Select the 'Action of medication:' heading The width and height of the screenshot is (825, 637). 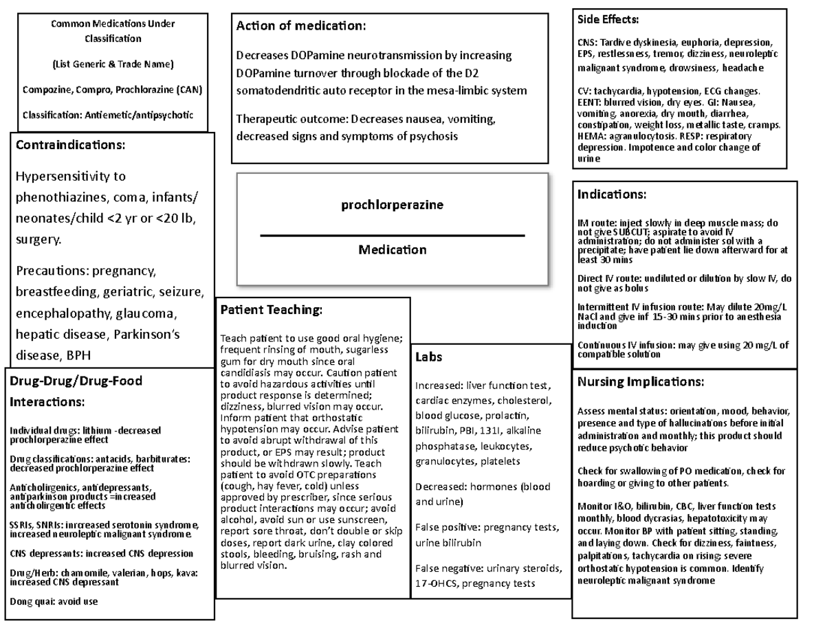(x=301, y=26)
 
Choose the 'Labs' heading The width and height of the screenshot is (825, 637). (x=428, y=357)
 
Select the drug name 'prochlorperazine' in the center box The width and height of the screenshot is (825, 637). (x=392, y=205)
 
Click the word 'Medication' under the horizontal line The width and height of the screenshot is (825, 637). (x=392, y=249)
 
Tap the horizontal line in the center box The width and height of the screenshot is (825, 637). (x=392, y=236)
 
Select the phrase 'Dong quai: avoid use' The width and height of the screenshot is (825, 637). (x=54, y=601)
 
